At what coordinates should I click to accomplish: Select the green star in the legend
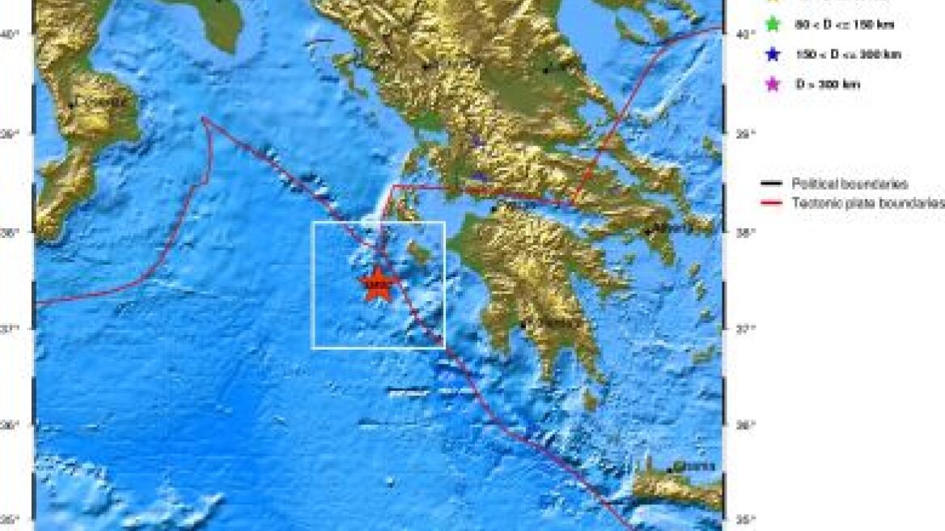coord(773,25)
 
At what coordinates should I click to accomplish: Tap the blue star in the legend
coord(773,55)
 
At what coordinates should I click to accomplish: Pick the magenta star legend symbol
coord(773,84)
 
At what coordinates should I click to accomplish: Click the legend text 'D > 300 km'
coord(828,84)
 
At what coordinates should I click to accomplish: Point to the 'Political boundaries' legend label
coord(850,185)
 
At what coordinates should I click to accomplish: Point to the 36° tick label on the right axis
coord(746,424)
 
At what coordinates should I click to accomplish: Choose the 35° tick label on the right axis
coord(746,519)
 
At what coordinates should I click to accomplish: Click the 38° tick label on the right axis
coord(746,232)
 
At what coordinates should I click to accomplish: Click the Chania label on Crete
coord(695,467)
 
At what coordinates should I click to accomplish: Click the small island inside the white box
coord(418,257)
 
